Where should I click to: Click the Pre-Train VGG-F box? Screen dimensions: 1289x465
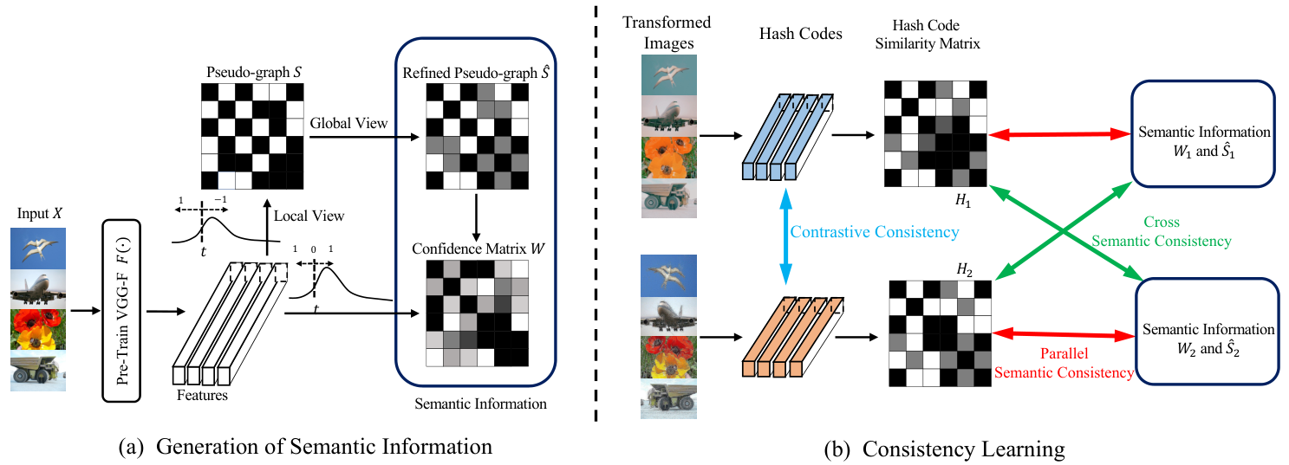pyautogui.click(x=121, y=310)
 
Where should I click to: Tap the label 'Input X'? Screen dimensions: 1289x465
pyautogui.click(x=39, y=213)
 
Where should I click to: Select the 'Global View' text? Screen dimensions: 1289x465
pyautogui.click(x=348, y=123)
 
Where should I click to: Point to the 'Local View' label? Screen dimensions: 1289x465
pyautogui.click(x=309, y=216)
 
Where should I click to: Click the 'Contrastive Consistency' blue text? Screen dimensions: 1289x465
pyautogui.click(x=875, y=232)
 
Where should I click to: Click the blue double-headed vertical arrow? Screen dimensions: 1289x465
pyautogui.click(x=785, y=236)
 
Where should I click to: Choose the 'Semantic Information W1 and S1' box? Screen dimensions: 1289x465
pyautogui.click(x=1204, y=134)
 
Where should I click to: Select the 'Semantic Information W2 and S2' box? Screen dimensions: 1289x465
pyautogui.click(x=1208, y=332)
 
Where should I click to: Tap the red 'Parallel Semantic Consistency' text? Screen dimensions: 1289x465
pyautogui.click(x=1064, y=363)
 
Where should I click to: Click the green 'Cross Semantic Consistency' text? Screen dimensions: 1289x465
pyautogui.click(x=1162, y=231)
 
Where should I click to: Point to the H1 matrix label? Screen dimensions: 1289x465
pyautogui.click(x=963, y=200)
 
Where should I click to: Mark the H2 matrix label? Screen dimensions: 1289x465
pyautogui.click(x=965, y=269)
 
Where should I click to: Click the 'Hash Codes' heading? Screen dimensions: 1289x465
pyautogui.click(x=800, y=33)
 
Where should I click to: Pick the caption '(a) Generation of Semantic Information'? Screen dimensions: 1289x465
pyautogui.click(x=305, y=447)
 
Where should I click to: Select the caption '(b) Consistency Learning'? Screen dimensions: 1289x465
pyautogui.click(x=944, y=449)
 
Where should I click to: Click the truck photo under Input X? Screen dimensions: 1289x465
pyautogui.click(x=38, y=371)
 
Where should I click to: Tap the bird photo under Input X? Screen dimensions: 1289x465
pyautogui.click(x=38, y=249)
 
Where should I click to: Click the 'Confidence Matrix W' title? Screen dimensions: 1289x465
pyautogui.click(x=478, y=249)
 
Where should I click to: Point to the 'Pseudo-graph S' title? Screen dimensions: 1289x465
pyautogui.click(x=254, y=72)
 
